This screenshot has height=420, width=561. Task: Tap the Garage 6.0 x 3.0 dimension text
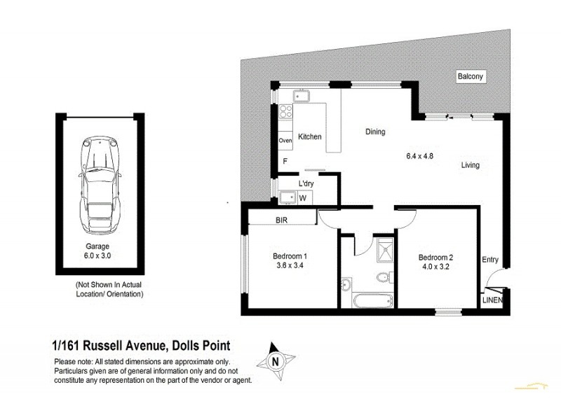[98, 251]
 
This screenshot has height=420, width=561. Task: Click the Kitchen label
[309, 137]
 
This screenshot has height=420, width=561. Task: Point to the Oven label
[285, 141]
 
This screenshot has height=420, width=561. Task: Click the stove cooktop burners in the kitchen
[285, 112]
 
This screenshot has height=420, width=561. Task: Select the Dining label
[374, 132]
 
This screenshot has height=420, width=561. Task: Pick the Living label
[471, 166]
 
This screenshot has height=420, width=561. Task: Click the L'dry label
[306, 183]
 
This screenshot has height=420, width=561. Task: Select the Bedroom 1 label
[290, 261]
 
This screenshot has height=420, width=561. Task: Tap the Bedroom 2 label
[435, 261]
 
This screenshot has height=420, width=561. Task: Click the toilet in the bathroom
[383, 278]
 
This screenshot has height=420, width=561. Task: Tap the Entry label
[489, 260]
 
